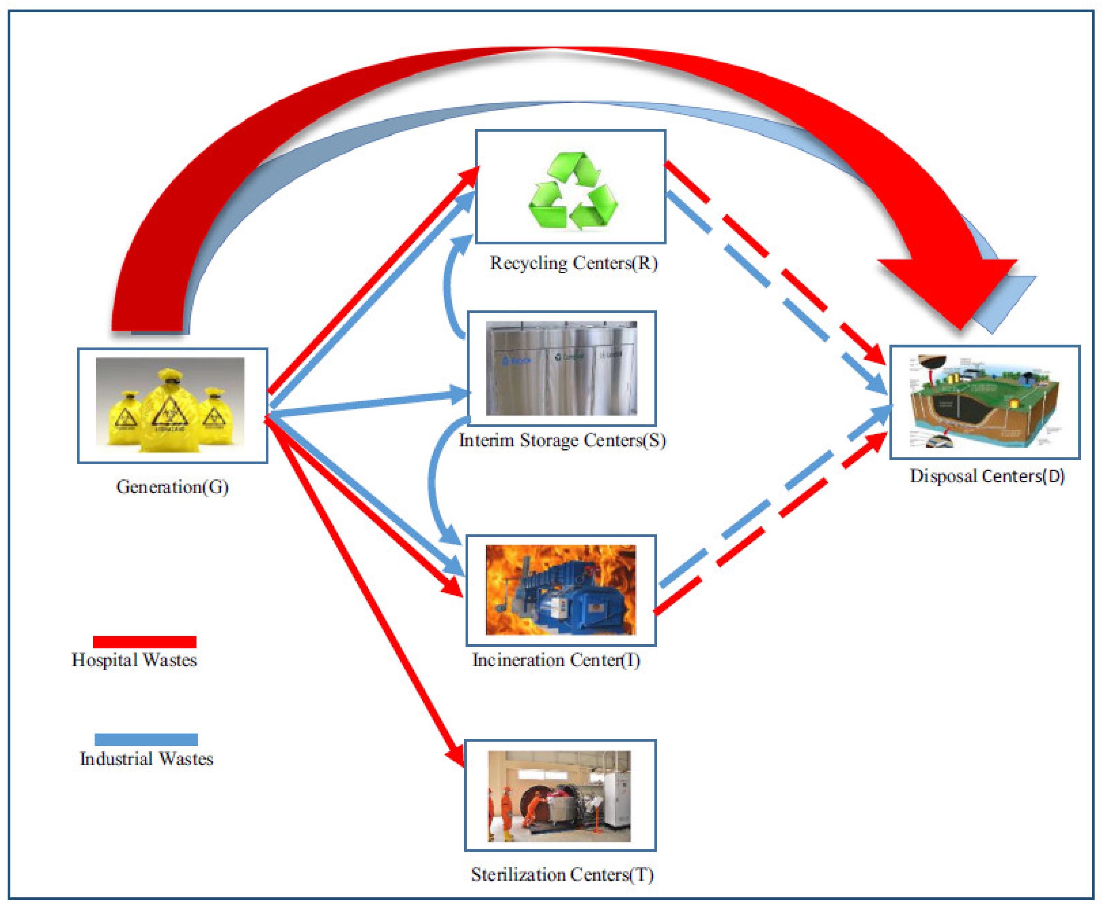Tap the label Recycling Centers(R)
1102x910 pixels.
tap(573, 263)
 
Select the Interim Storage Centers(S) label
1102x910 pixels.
tap(562, 440)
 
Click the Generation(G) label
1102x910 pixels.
tap(172, 487)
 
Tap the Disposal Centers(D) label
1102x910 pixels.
tap(987, 476)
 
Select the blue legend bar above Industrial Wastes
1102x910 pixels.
tap(146, 739)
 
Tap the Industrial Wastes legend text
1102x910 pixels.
tap(146, 759)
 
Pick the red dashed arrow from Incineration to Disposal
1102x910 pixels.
tap(771, 524)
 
